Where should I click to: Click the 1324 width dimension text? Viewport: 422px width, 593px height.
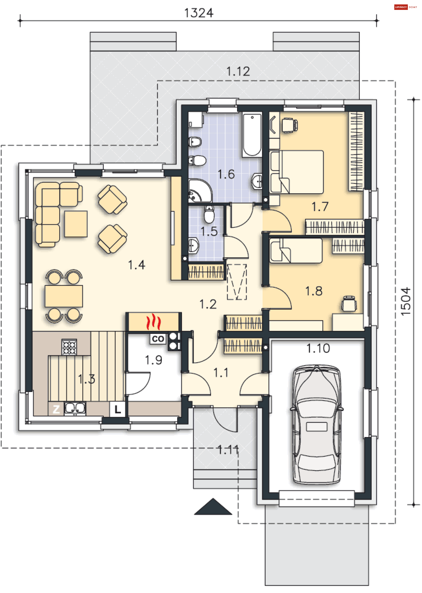(x=199, y=13)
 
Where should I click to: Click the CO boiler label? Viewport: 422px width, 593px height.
(x=158, y=339)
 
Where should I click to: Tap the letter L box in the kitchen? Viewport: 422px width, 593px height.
(x=117, y=409)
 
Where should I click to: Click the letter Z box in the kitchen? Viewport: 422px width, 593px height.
(x=56, y=409)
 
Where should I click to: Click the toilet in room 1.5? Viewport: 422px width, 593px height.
(x=209, y=215)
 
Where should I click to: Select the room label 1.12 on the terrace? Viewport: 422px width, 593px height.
(x=238, y=71)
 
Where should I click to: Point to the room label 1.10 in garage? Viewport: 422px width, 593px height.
(x=318, y=348)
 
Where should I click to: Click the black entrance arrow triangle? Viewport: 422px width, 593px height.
(x=213, y=506)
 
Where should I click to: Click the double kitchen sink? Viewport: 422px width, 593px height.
(x=75, y=409)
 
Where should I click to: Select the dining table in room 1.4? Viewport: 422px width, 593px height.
(x=64, y=296)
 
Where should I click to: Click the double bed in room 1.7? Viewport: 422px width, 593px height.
(x=296, y=172)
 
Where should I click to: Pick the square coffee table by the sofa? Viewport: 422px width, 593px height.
(x=76, y=224)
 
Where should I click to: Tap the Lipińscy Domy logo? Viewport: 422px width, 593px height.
(x=405, y=7)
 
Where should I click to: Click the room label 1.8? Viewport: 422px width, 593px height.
(x=314, y=291)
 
